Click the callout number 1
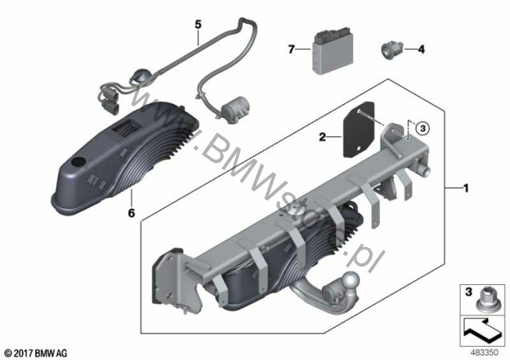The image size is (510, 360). click(465, 188)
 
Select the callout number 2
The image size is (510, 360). click(323, 137)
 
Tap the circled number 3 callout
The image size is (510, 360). click(423, 128)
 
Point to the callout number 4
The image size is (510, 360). click(422, 50)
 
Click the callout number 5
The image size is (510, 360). click(198, 24)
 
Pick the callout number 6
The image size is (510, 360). click(132, 213)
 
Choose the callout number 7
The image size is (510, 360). click(291, 50)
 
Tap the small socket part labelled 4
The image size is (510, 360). click(392, 50)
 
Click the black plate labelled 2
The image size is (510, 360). click(359, 130)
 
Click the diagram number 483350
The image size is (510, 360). click(484, 353)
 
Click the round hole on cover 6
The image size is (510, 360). click(79, 162)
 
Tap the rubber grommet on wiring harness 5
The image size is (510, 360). click(138, 76)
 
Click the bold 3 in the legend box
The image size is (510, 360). click(468, 292)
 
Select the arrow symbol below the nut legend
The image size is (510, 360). click(482, 330)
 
